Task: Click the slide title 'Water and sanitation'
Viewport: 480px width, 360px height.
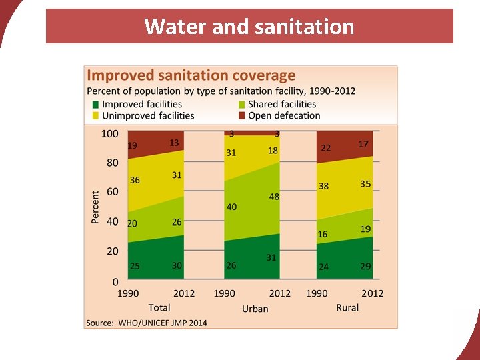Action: point(249,27)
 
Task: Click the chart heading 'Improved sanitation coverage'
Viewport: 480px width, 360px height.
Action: point(191,76)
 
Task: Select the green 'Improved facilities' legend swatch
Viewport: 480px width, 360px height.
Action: point(96,105)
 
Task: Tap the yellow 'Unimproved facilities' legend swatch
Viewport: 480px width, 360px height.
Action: point(96,116)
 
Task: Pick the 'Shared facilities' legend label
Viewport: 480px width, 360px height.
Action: point(282,104)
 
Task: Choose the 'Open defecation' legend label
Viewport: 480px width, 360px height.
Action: point(284,115)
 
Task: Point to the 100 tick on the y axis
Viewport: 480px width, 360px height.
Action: point(110,133)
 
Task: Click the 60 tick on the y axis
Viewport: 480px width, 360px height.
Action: point(113,192)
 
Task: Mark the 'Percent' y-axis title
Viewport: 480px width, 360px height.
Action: point(95,207)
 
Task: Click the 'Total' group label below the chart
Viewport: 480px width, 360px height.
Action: point(159,307)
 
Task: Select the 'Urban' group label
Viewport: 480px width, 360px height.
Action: point(255,308)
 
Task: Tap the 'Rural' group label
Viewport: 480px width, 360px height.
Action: point(347,307)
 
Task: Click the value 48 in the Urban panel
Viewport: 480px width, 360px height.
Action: point(274,197)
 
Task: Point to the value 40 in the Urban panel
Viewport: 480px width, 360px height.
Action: point(231,207)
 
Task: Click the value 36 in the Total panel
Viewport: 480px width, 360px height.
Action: point(135,180)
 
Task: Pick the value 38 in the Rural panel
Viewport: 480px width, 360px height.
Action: point(323,187)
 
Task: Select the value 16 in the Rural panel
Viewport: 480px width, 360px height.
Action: point(323,235)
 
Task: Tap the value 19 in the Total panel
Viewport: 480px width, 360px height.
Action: point(133,145)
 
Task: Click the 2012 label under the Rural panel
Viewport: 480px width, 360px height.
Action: point(373,293)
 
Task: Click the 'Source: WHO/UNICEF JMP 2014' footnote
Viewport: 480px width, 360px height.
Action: point(147,323)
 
